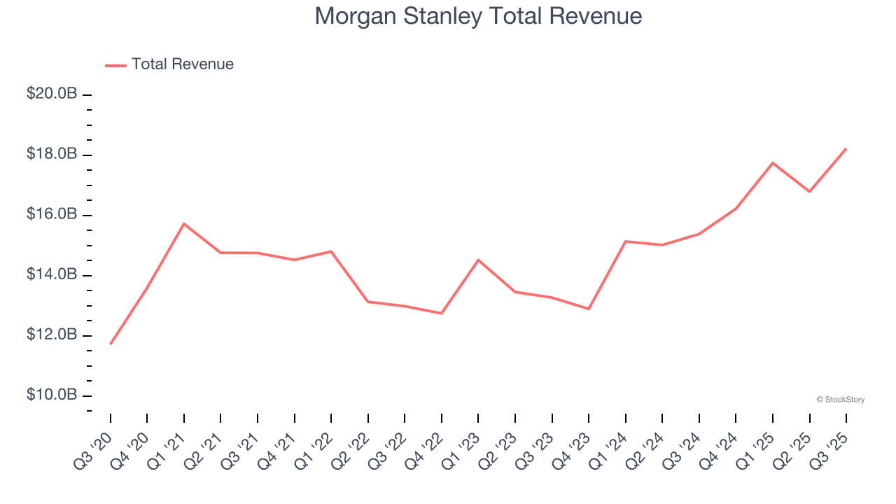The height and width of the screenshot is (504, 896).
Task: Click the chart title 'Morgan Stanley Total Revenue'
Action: (478, 15)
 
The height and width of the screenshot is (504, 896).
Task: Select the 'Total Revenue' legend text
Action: (182, 64)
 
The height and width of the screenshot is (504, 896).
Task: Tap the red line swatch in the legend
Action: (115, 65)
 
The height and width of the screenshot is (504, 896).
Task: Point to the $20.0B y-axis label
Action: (52, 94)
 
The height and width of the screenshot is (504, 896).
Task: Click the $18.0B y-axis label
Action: (52, 154)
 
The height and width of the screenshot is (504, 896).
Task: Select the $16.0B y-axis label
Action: (52, 214)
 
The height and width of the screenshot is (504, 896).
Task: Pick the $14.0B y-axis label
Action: (52, 274)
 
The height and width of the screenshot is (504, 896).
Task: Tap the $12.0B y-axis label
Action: (52, 335)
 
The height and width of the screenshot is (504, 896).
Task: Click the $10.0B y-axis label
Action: (52, 395)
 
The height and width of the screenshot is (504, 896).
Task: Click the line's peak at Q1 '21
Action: (183, 224)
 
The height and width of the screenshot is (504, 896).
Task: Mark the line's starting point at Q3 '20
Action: (111, 344)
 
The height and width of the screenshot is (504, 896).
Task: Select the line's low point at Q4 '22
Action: (441, 313)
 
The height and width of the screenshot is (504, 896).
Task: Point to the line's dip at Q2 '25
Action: (809, 191)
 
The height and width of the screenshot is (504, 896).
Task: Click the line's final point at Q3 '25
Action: (846, 148)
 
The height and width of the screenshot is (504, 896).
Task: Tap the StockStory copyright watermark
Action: (840, 400)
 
